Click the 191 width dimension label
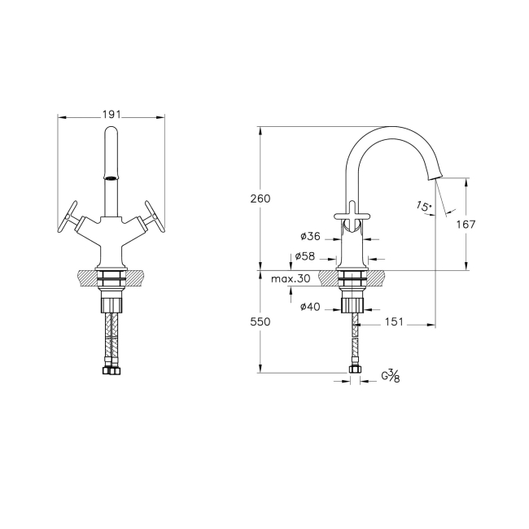[x=111, y=115]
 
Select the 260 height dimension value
[x=260, y=199]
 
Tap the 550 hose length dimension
[x=260, y=321]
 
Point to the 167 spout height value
[x=466, y=224]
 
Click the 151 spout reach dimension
[x=394, y=321]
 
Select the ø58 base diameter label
[x=305, y=256]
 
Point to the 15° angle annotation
[x=422, y=207]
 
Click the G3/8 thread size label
[x=391, y=377]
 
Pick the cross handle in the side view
[x=352, y=213]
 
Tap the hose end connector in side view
[x=354, y=370]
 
